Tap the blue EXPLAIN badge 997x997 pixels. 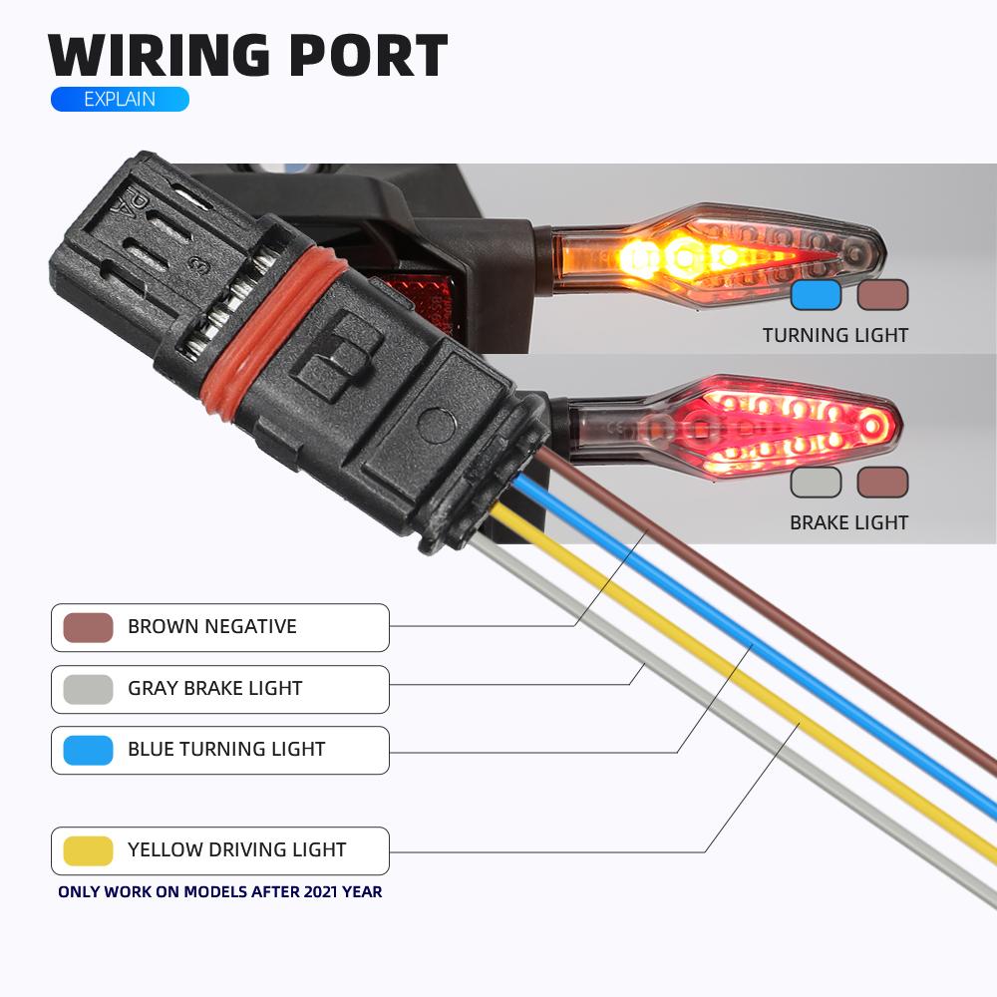click(x=120, y=99)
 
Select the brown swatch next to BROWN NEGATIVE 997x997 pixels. click(x=88, y=627)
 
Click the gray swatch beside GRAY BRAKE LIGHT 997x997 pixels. click(x=88, y=689)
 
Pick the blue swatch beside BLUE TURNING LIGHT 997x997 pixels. click(x=88, y=750)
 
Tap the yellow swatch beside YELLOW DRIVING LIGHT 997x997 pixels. click(x=88, y=850)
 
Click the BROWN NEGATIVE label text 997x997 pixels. click(x=211, y=627)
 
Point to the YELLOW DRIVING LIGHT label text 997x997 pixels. click(x=236, y=850)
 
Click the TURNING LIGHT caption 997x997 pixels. click(x=835, y=336)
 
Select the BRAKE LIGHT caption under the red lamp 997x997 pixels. click(x=848, y=522)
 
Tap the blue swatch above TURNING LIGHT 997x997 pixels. click(x=816, y=295)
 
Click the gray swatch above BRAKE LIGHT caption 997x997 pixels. click(x=816, y=483)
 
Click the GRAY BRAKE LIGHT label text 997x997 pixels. click(x=214, y=689)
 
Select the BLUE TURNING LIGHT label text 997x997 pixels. click(x=226, y=750)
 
